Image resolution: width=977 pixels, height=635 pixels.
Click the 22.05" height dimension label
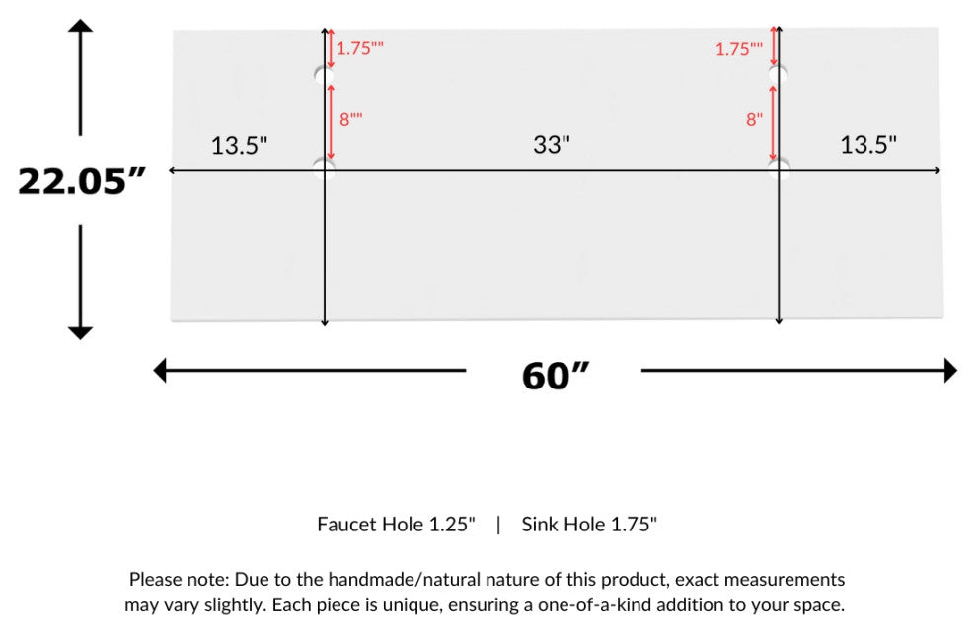(x=82, y=180)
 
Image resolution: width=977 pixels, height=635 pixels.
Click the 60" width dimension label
(x=555, y=375)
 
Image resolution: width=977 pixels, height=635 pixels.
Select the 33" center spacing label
(x=552, y=145)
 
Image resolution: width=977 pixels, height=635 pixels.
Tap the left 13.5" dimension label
(x=239, y=146)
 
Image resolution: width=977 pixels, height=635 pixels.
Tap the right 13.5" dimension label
(x=868, y=145)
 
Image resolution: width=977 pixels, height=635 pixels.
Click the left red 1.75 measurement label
(x=360, y=47)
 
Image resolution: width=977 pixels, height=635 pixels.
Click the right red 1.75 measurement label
(x=739, y=48)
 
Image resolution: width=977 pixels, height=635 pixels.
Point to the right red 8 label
(x=754, y=119)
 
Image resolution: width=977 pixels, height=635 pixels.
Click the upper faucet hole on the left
(x=324, y=75)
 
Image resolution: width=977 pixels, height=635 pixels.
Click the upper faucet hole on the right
(x=779, y=74)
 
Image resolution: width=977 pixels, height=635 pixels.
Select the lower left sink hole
(x=324, y=167)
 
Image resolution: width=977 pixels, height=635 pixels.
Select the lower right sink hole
(x=779, y=166)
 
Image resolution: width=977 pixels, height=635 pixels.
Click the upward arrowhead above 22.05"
(x=80, y=25)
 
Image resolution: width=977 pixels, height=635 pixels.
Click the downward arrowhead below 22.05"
(x=80, y=331)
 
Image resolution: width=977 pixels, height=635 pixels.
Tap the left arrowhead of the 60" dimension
(x=161, y=371)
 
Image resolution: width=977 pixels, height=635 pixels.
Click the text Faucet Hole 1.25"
(x=396, y=525)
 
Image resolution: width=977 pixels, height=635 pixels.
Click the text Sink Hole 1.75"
(x=589, y=525)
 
